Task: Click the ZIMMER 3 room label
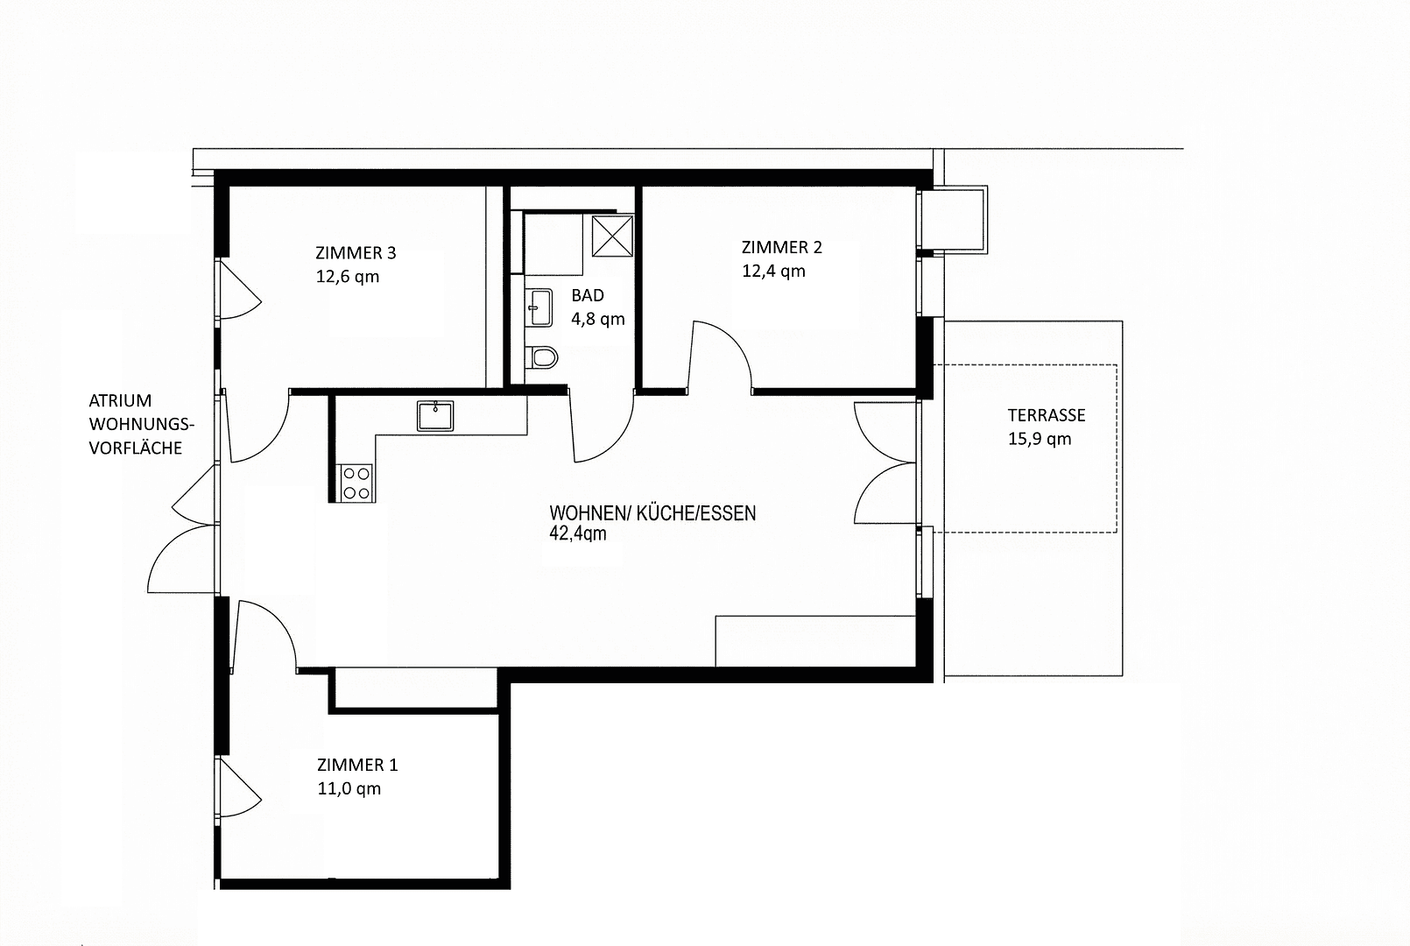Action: tap(355, 253)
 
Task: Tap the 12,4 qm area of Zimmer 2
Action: tap(773, 271)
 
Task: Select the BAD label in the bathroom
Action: tap(587, 295)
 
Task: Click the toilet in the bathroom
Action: tap(543, 357)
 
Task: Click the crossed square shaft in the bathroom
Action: tap(612, 236)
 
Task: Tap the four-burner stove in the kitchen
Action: tap(356, 483)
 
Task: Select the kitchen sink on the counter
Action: tap(435, 415)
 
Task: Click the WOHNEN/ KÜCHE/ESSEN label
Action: tap(652, 513)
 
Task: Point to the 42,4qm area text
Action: tap(577, 533)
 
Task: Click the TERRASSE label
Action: tap(1046, 415)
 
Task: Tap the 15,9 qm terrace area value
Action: tap(1039, 439)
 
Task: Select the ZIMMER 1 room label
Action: tap(357, 765)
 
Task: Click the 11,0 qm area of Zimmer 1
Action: tap(349, 788)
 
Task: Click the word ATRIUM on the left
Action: tap(120, 400)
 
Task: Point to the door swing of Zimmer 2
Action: tap(723, 350)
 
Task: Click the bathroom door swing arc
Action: tap(604, 434)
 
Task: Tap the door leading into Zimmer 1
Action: tap(267, 631)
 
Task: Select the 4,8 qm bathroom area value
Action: tap(598, 319)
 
